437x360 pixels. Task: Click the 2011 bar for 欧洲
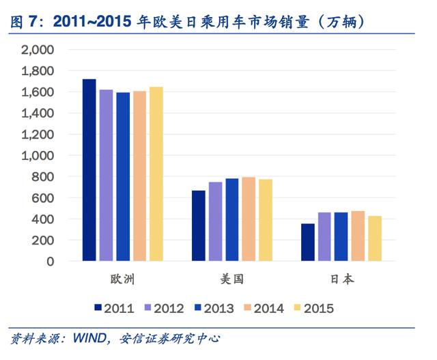coord(89,170)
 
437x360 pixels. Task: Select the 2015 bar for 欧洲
coord(156,174)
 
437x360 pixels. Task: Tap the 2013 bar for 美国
coord(232,220)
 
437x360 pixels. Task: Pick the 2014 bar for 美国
coord(249,219)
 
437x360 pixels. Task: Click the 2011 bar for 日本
coord(308,243)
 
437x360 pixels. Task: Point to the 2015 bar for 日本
coord(375,238)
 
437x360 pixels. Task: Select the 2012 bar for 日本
coord(324,237)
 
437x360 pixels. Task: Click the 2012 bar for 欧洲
coord(107,176)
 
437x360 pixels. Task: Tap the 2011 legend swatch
coord(98,307)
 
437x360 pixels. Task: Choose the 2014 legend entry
coord(264,308)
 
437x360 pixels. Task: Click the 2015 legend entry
coord(314,308)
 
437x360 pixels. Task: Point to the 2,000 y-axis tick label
coord(38,50)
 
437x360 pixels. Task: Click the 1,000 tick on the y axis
coord(38,156)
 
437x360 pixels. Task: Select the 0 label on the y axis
coord(50,262)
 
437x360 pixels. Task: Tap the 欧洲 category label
coord(123,279)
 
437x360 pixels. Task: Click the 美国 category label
coord(232,279)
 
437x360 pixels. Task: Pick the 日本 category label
coord(341,279)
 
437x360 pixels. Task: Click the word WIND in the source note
coord(89,338)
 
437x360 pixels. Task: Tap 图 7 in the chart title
coord(24,22)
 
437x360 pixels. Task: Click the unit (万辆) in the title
coord(341,22)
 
